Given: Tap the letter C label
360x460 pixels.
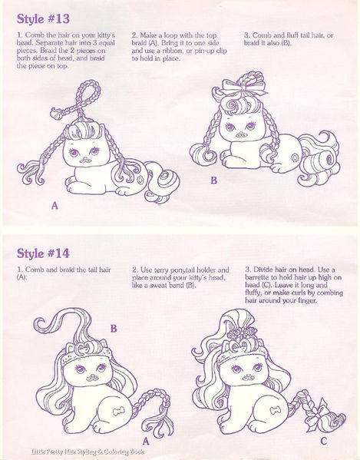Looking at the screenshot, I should coord(323,441).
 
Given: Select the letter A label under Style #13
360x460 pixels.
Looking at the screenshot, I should coord(54,206).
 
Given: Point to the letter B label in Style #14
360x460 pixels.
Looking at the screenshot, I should coord(113,328).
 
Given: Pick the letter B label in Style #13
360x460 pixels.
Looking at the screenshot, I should coord(214,181).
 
